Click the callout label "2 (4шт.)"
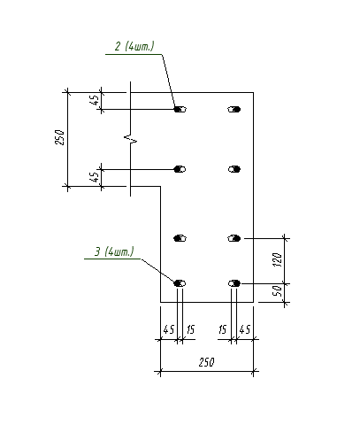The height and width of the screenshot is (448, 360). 134,46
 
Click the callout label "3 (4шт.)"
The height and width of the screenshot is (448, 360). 114,251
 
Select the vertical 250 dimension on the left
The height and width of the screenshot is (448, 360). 59,137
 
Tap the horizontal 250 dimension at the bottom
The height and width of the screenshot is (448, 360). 206,362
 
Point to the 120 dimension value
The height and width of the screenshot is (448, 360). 278,259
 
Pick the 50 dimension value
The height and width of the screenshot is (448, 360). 278,291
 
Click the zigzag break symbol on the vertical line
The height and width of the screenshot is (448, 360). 131,138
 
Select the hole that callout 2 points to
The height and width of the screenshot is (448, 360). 180,110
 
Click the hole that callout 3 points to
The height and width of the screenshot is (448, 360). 180,283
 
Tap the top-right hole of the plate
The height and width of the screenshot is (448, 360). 234,110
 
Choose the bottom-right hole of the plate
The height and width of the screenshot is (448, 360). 234,283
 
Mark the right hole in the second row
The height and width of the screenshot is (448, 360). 234,169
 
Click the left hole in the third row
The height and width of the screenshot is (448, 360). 180,238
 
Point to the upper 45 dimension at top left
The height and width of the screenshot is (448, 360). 94,101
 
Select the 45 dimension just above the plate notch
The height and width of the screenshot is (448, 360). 94,178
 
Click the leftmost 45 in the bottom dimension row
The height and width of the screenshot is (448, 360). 169,329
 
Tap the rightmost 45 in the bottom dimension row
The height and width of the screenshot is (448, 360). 245,329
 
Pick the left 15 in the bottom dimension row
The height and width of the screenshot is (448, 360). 190,329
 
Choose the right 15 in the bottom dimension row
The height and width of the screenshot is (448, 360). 223,329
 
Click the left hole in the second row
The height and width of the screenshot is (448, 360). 180,169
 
